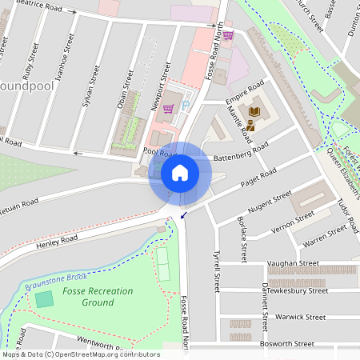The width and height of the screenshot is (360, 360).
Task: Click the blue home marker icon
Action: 180,172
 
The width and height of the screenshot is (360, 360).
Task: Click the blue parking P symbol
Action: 186,105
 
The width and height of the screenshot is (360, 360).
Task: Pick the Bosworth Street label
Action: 291,343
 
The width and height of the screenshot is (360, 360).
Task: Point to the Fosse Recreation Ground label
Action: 98,297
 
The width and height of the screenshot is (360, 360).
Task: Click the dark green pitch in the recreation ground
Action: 44,299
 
